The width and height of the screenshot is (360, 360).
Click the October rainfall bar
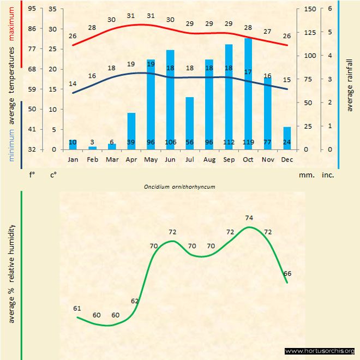248,93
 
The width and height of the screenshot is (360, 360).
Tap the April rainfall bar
131,131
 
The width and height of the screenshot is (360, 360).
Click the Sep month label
229,160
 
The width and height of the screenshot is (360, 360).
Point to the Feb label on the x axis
92,160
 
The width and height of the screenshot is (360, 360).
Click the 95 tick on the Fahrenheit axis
32,9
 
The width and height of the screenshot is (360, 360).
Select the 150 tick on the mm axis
310,9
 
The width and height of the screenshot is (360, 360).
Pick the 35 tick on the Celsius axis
53,9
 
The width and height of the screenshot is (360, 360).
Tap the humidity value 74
249,218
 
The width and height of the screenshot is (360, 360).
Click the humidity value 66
287,273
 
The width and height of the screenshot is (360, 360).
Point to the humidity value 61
77,309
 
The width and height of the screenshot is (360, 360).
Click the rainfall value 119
248,143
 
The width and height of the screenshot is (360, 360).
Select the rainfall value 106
170,143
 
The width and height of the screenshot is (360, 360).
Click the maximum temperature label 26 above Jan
73,36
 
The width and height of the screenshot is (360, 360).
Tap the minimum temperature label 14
73,84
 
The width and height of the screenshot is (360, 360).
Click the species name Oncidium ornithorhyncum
179,187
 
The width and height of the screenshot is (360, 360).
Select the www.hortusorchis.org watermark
320,351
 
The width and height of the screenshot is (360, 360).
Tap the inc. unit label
327,176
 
